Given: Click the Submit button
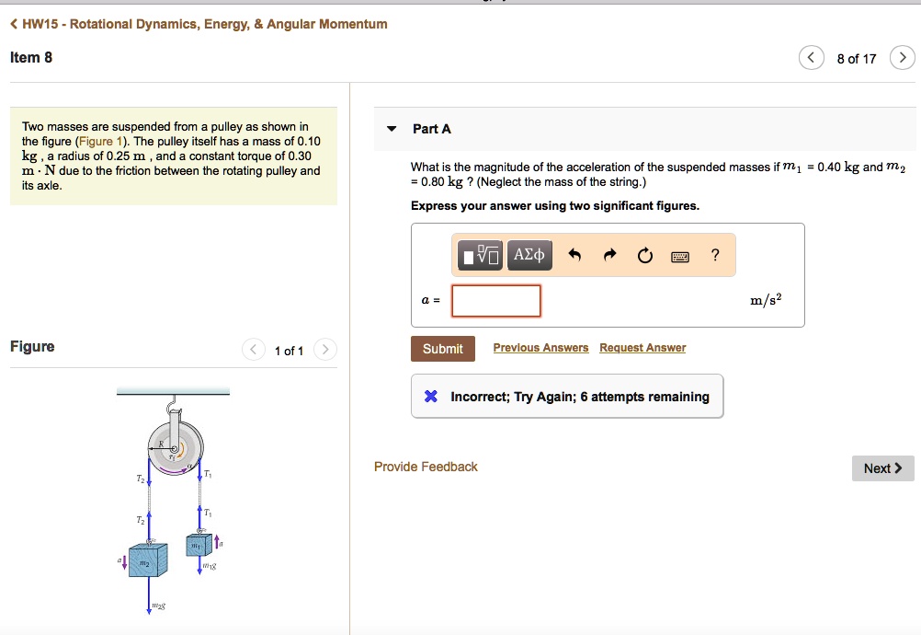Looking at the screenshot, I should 442,349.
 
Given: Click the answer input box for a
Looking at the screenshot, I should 496,301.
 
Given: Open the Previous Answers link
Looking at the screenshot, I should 540,348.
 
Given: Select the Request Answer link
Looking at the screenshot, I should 642,348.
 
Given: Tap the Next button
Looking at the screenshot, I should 882,468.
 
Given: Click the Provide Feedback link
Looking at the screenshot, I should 426,467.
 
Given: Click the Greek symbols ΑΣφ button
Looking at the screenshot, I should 529,255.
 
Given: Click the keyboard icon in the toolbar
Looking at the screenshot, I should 680,256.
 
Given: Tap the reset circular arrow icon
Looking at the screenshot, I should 644,256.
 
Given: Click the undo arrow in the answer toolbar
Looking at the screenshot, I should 574,256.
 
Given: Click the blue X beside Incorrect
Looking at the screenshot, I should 430,397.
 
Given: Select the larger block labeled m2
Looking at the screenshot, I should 148,559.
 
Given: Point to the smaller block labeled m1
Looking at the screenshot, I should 198,545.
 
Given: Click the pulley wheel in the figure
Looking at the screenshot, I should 174,448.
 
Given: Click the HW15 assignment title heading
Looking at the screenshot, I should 198,24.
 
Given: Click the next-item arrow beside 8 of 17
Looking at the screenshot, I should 903,59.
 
